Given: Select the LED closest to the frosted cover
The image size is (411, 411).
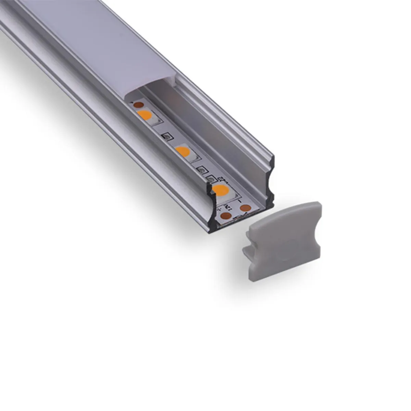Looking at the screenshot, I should point(144,115).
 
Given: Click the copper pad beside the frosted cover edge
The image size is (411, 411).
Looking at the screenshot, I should point(138,104).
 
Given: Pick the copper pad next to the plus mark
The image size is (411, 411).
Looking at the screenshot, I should point(226,215).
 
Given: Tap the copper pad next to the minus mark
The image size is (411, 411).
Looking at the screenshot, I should point(245,208).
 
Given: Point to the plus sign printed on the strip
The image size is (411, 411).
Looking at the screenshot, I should point(218,207).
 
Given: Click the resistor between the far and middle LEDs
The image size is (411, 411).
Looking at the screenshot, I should point(167,137).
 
